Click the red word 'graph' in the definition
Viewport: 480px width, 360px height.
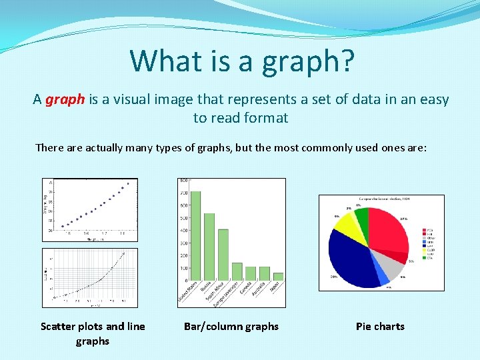click(x=65, y=99)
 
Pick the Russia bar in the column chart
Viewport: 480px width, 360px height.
click(x=209, y=247)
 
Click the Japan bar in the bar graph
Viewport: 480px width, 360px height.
click(x=278, y=276)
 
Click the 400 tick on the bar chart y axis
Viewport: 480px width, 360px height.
click(x=183, y=230)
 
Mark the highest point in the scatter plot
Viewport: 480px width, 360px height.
click(x=128, y=183)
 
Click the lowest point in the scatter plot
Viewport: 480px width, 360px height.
click(x=62, y=227)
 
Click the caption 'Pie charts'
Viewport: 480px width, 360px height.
click(x=380, y=326)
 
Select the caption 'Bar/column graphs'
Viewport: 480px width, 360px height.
click(x=231, y=326)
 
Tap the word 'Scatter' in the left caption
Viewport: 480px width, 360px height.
click(x=58, y=326)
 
